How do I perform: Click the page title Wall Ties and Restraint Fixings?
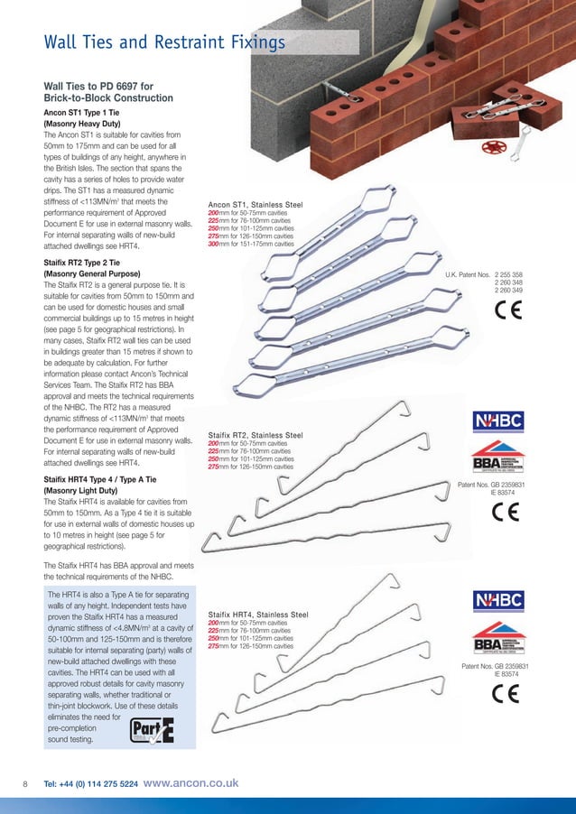pyautogui.click(x=165, y=42)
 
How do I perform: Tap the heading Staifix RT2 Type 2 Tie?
pyautogui.click(x=94, y=263)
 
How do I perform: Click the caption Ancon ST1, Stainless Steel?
pyautogui.click(x=255, y=206)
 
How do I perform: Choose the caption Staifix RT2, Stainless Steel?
pyautogui.click(x=255, y=434)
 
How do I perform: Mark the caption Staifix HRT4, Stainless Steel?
pyautogui.click(x=258, y=614)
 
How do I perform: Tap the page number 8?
pyautogui.click(x=26, y=784)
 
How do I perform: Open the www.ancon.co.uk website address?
pyautogui.click(x=190, y=783)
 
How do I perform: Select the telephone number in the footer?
pyautogui.click(x=91, y=784)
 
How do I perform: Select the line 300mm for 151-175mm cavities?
pyautogui.click(x=251, y=244)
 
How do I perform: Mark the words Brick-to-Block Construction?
pyautogui.click(x=102, y=97)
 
